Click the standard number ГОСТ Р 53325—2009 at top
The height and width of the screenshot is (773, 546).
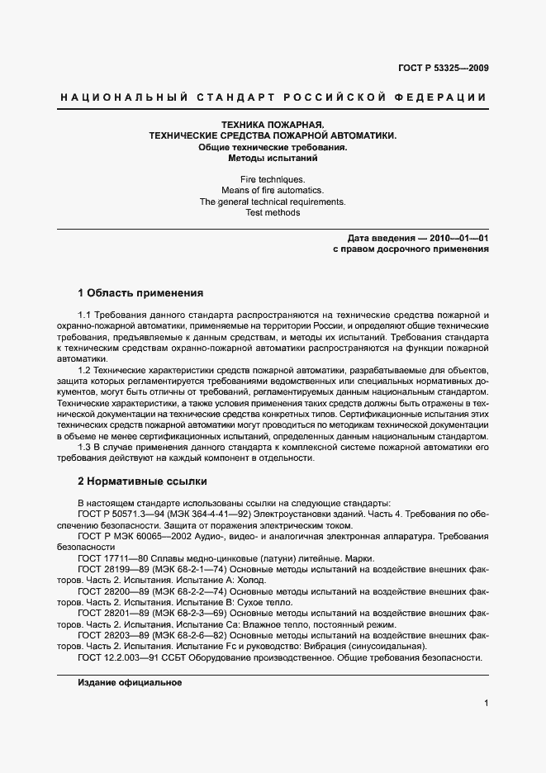(x=443, y=68)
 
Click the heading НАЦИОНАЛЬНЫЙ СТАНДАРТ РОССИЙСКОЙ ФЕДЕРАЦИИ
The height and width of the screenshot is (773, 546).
(x=273, y=97)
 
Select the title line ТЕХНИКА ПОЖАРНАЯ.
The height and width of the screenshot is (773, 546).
(x=272, y=124)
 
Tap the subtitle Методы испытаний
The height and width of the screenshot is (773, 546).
(x=272, y=157)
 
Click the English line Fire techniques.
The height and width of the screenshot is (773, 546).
(x=272, y=179)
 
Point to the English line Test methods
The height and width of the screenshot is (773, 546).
(x=272, y=212)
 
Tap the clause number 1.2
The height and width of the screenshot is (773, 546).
(x=84, y=371)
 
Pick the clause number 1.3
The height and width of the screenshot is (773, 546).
(x=84, y=447)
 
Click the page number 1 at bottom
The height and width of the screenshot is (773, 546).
(x=486, y=703)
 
